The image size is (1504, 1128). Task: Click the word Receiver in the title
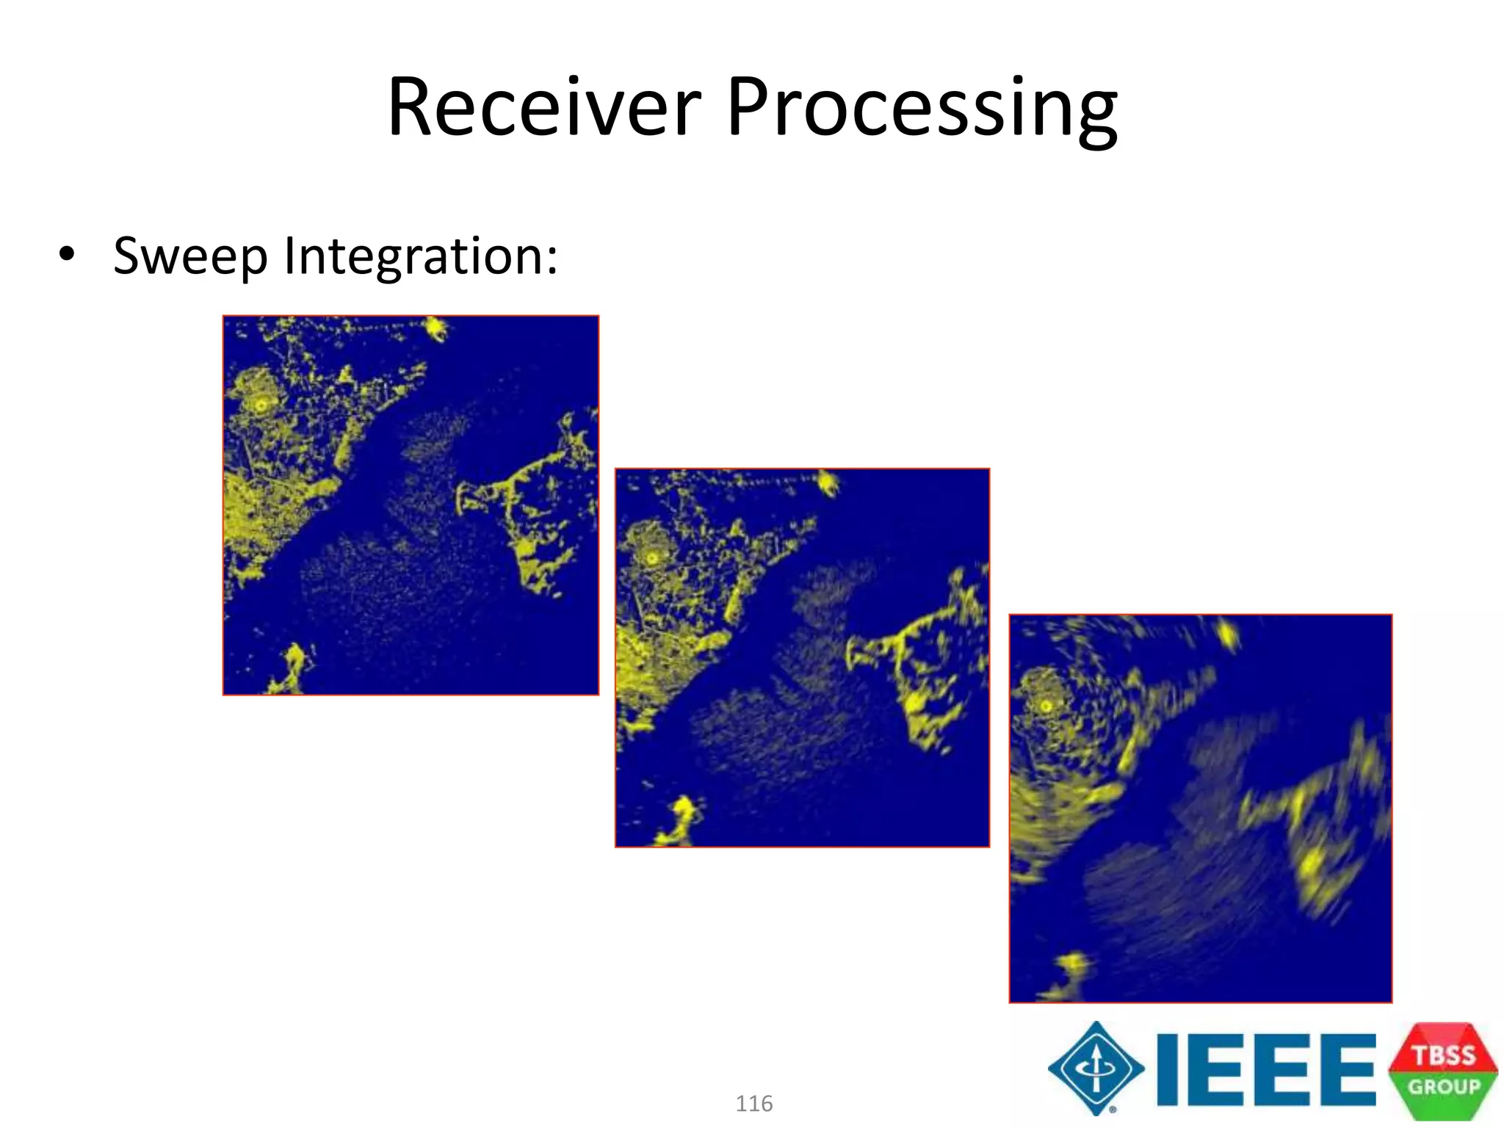543,109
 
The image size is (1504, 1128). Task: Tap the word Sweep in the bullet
191,257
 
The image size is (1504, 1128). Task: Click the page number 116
753,1103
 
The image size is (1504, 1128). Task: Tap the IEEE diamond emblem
1096,1068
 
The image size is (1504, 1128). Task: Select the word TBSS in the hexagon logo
1443,1055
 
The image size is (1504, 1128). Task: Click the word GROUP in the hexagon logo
1443,1086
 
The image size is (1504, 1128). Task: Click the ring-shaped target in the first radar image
261,404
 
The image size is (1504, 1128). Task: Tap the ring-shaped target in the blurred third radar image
1046,706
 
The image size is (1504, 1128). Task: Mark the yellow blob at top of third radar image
1227,633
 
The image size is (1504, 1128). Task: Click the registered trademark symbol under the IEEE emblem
1113,1109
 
